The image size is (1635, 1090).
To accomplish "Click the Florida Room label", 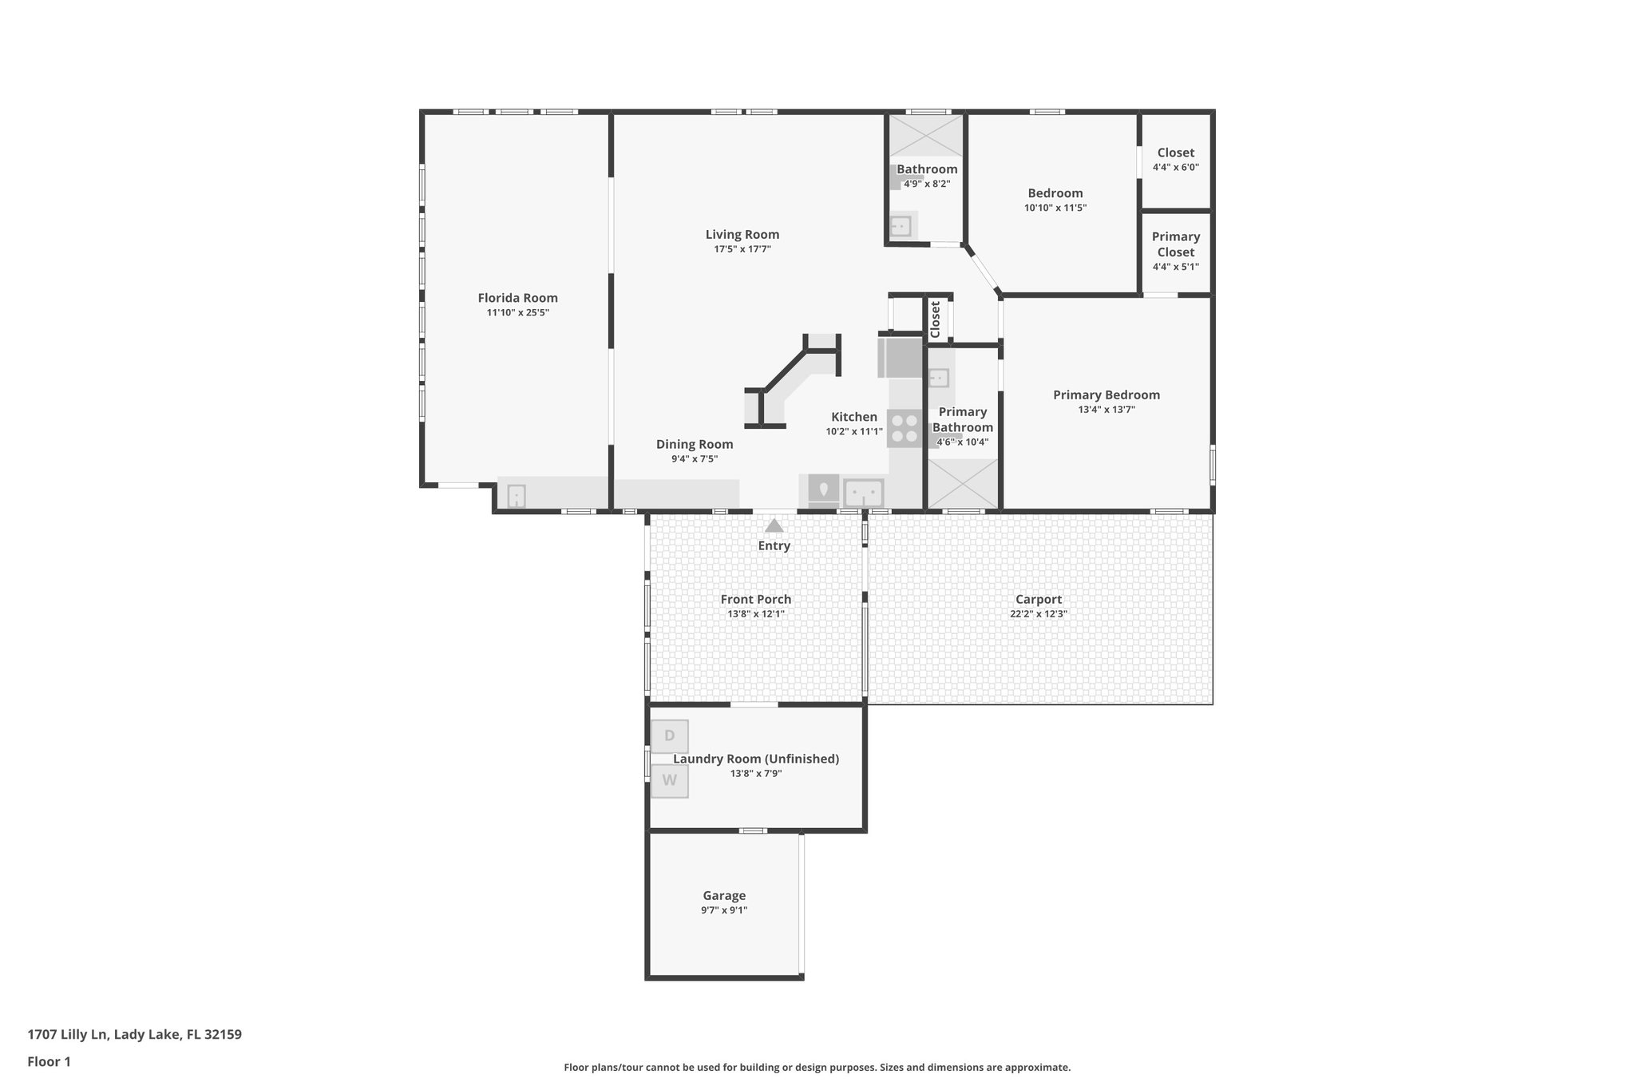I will (517, 298).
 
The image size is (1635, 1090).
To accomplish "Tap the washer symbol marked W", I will (669, 781).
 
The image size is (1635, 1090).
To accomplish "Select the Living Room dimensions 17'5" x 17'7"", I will (742, 249).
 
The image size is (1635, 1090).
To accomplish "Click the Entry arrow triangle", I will (774, 526).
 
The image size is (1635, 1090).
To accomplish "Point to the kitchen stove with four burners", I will (905, 428).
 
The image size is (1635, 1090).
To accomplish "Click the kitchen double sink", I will (863, 492).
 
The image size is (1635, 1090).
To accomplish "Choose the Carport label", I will (1038, 600).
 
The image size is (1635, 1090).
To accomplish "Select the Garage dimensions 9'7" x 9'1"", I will (723, 910).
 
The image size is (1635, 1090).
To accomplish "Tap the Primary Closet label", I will (1175, 244).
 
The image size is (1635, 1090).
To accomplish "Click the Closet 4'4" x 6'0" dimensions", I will (1175, 168).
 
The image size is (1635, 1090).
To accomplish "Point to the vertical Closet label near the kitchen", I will (936, 319).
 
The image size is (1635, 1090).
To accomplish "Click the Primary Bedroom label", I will (1106, 394).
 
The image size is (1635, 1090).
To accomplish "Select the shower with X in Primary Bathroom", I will (963, 484).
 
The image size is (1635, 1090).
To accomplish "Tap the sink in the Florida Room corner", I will (517, 497).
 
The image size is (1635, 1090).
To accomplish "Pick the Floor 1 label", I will (49, 1061).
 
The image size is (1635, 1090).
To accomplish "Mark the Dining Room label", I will (694, 445).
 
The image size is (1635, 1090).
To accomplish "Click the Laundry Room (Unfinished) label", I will (755, 759).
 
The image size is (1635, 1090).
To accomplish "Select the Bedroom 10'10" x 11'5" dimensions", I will (1055, 208).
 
